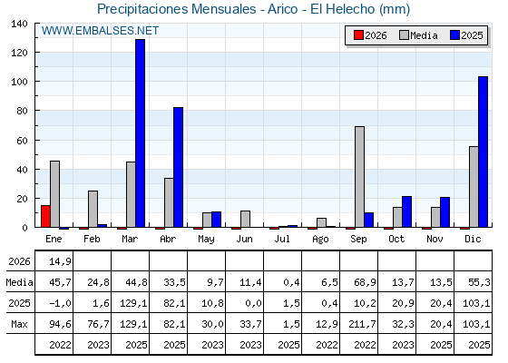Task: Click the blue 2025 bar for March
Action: click(x=141, y=133)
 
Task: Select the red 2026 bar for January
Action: click(x=45, y=216)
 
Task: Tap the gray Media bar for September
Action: click(x=359, y=177)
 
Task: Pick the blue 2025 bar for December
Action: click(x=483, y=152)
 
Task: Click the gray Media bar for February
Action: click(x=93, y=209)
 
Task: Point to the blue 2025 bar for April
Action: click(x=178, y=167)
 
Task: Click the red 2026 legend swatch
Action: click(x=358, y=35)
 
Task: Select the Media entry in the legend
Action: click(x=418, y=35)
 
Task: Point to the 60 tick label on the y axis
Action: click(x=23, y=141)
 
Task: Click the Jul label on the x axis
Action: click(x=282, y=239)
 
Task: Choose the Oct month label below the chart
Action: click(x=396, y=239)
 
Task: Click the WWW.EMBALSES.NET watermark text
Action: click(x=100, y=31)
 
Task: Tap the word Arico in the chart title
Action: click(x=282, y=9)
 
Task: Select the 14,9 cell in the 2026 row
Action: click(x=60, y=261)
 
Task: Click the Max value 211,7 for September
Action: click(x=363, y=324)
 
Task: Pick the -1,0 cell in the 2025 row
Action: click(x=60, y=303)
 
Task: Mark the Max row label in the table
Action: click(x=19, y=324)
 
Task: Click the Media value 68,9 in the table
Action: click(x=365, y=282)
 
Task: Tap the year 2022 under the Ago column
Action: click(x=327, y=345)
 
